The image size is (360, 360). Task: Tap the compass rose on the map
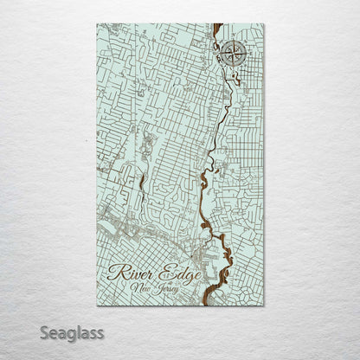(x=231, y=55)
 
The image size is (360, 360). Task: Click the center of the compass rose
(x=231, y=55)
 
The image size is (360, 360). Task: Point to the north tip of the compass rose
(x=231, y=39)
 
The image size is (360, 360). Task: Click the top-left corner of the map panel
(x=97, y=23)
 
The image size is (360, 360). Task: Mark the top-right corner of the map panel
(x=264, y=23)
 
